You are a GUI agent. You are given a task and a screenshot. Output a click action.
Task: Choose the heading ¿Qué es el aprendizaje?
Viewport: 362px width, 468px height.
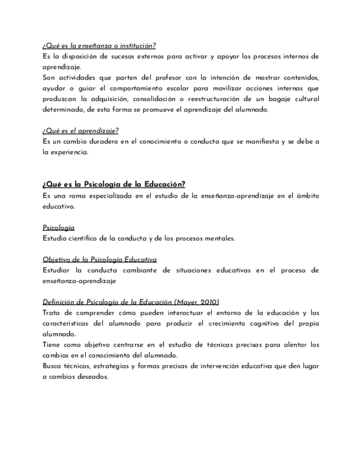pos(81,131)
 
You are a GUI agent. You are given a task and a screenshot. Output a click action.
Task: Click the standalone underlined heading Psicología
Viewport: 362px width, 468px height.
pos(59,227)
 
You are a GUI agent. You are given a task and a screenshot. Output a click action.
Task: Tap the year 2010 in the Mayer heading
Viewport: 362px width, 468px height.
pos(208,302)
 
